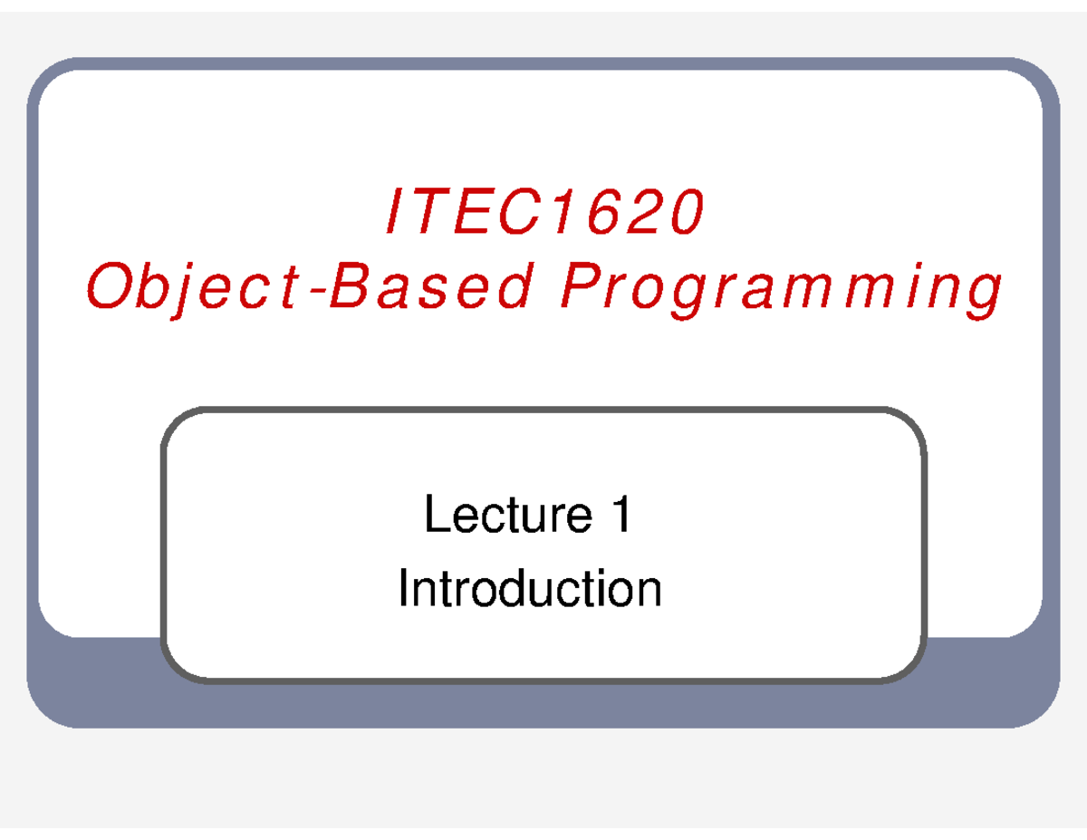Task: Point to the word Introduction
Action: tap(530, 589)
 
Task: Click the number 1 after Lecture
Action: tap(621, 517)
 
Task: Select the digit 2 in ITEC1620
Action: tap(644, 214)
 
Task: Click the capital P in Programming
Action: tap(577, 288)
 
